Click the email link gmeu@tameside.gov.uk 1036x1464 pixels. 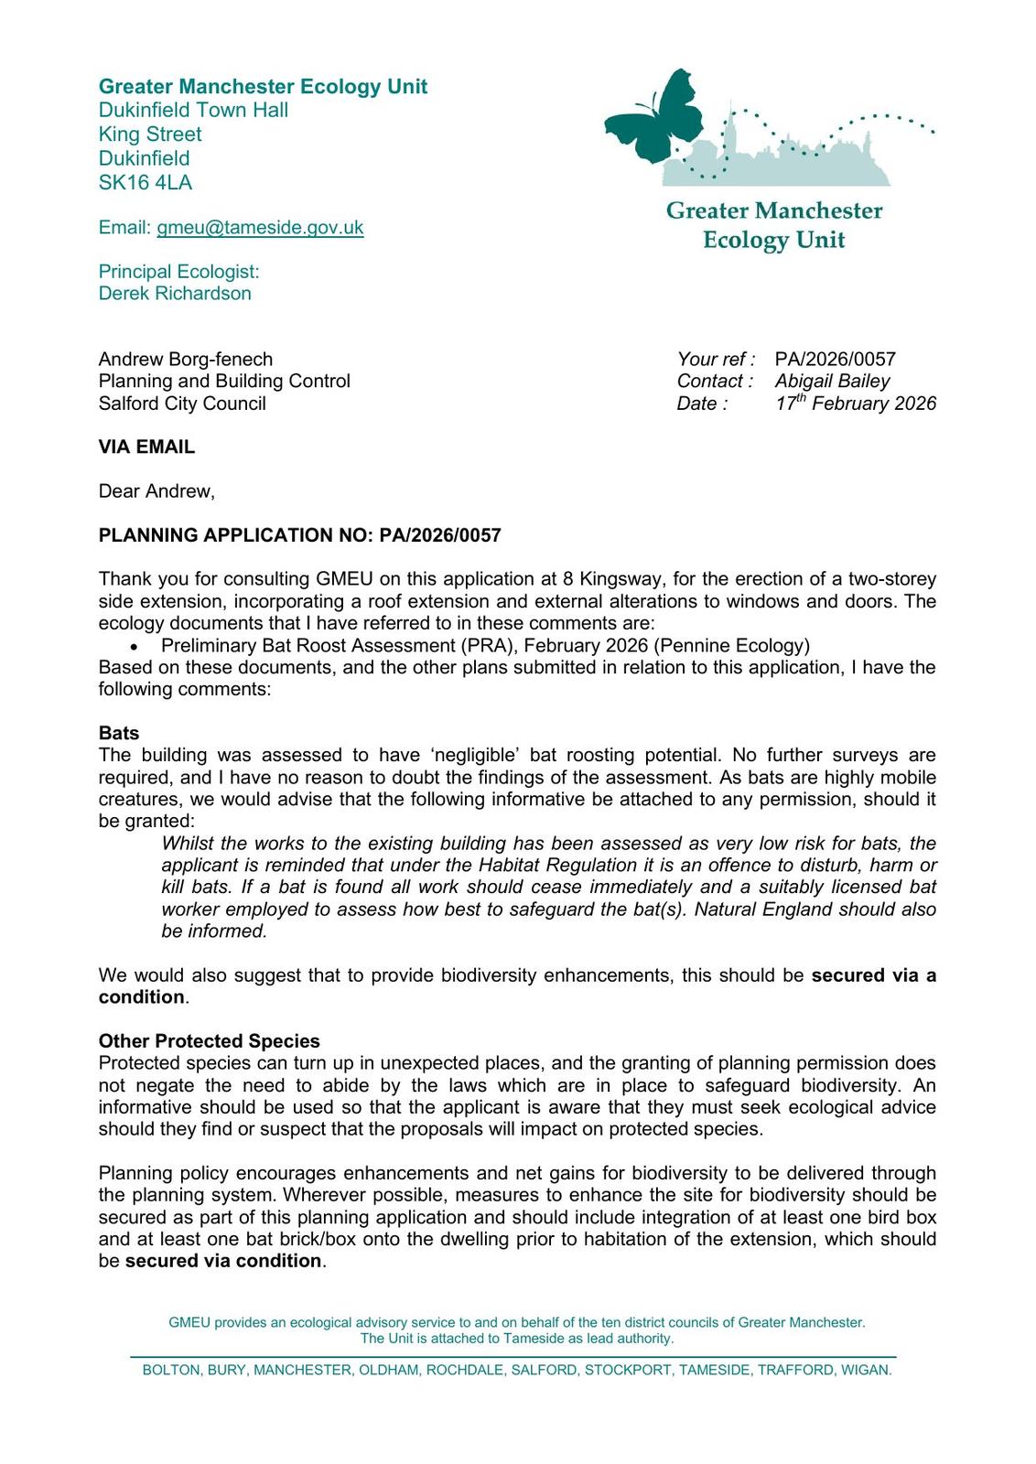click(x=260, y=228)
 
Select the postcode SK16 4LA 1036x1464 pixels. click(x=146, y=182)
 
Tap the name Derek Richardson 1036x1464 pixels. click(x=175, y=294)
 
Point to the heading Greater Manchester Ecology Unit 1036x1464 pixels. click(x=263, y=87)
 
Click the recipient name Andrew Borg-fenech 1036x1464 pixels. click(x=186, y=360)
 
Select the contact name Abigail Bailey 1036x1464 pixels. click(x=832, y=382)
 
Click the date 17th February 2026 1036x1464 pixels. click(x=856, y=404)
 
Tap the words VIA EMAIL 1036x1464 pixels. click(x=146, y=447)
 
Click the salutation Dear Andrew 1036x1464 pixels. click(x=156, y=491)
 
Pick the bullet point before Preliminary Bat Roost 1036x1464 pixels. click(x=134, y=646)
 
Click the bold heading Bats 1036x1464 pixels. click(x=119, y=733)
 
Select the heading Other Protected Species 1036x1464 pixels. click(x=210, y=1041)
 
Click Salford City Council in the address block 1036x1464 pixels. click(x=182, y=404)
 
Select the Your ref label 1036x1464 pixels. click(x=716, y=360)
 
